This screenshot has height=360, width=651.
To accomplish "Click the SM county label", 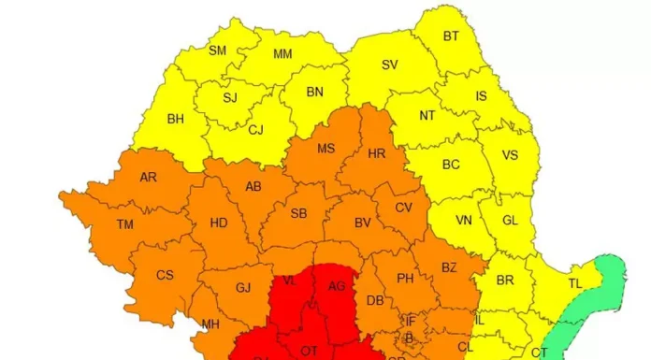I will pos(217,50).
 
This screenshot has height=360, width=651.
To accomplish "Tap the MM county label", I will pos(282,54).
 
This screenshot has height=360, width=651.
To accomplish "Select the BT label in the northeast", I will pos(451,36).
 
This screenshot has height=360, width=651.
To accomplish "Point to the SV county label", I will pos(389,65).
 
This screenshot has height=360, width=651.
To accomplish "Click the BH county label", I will pos(176,119).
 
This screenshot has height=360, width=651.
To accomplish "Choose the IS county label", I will pos(482,95).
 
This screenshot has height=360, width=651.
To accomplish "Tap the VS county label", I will pos(511,156).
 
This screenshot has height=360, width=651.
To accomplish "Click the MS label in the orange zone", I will pos(325,149).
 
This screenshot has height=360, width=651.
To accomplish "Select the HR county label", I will pos(377,153).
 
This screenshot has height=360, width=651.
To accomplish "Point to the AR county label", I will pos(148,177).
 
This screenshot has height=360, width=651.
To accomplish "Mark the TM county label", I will pos(124,224).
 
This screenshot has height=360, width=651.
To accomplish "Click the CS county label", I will pos(165,275).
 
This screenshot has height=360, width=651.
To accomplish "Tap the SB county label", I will pos(298,213).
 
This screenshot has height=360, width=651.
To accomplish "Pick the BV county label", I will pos(363,223).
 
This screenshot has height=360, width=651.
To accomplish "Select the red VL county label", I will pos(290,281).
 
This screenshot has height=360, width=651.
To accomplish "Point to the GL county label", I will pos(510,221).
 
